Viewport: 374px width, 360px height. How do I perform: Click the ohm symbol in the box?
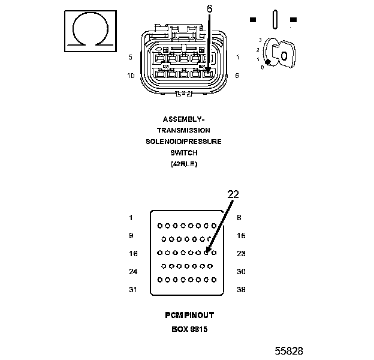90,29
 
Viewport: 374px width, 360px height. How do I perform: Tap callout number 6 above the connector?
209,9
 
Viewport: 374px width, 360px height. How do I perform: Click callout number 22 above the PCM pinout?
233,194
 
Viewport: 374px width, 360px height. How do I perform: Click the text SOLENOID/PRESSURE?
183,142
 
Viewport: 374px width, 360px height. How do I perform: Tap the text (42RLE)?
183,164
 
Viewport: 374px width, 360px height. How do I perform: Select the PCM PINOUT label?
189,315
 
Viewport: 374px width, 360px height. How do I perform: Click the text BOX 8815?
189,329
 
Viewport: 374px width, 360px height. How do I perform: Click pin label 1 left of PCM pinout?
131,218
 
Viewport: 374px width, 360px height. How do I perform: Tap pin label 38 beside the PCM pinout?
242,290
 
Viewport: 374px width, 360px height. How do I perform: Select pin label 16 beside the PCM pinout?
133,254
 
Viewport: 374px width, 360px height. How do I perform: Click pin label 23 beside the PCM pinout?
242,254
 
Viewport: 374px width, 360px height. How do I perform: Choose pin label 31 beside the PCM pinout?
133,290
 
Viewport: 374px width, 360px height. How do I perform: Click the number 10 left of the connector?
131,76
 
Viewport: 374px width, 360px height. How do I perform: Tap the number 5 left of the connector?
131,58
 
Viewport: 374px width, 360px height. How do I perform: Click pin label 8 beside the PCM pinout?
239,218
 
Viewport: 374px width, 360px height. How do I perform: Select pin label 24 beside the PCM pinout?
133,272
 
